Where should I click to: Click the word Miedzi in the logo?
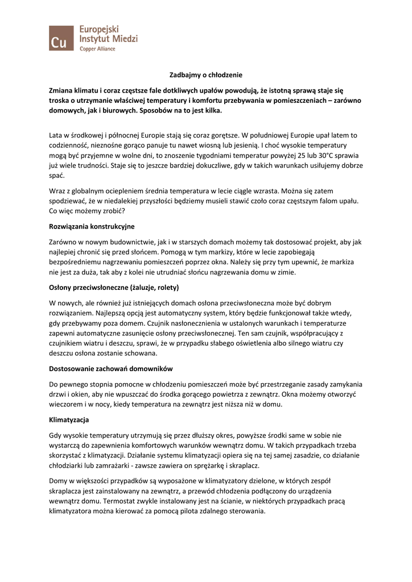(123, 38)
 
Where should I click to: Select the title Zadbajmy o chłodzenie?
(206, 74)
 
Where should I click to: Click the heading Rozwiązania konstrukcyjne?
(92, 226)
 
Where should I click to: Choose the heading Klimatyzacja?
(69, 420)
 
